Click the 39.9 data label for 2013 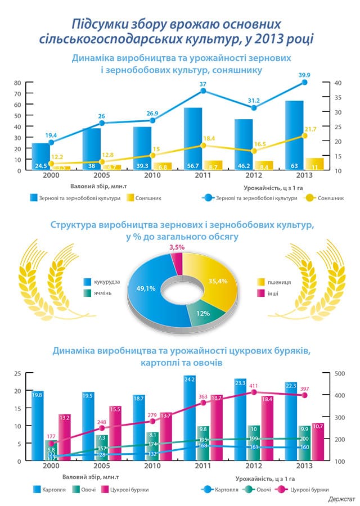click(x=304, y=75)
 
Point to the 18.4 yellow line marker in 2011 click(x=203, y=146)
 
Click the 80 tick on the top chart click(x=17, y=83)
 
